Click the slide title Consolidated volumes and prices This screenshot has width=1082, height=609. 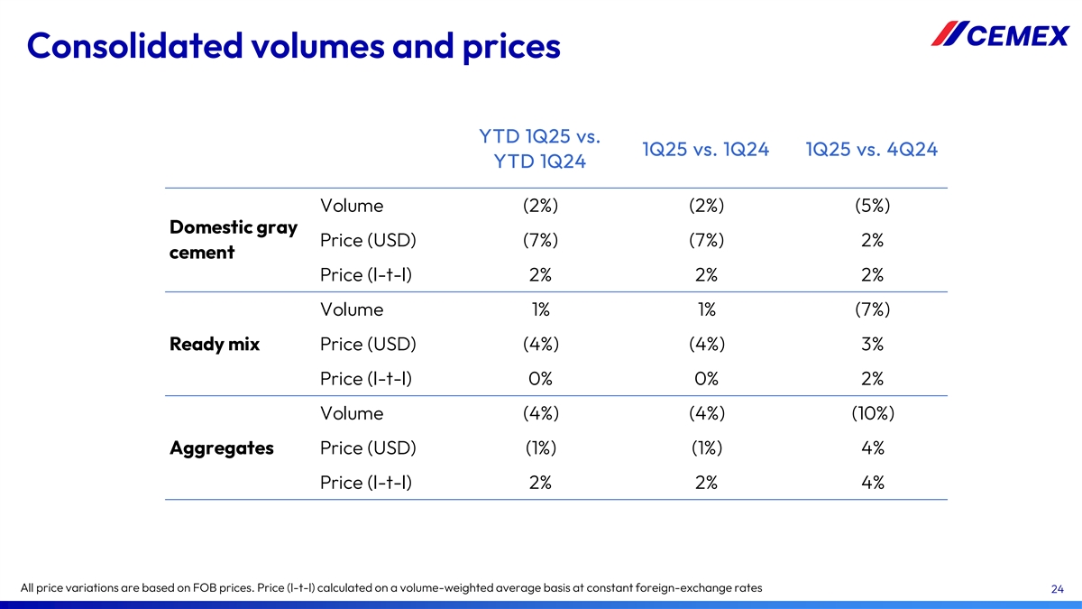click(x=294, y=45)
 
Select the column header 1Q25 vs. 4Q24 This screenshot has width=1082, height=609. click(x=871, y=150)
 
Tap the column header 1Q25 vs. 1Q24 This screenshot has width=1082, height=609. click(x=705, y=150)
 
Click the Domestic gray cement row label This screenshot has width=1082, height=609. click(x=233, y=240)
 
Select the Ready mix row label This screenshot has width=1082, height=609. click(x=215, y=344)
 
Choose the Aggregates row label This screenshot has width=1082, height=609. click(x=222, y=448)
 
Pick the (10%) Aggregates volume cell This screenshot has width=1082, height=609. click(x=871, y=413)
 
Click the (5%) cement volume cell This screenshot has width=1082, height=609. click(x=871, y=206)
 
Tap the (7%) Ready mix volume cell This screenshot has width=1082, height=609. click(x=871, y=309)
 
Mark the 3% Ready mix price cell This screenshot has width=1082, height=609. click(x=871, y=344)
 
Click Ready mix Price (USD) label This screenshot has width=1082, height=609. click(x=368, y=344)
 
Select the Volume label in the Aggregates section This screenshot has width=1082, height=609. click(x=352, y=413)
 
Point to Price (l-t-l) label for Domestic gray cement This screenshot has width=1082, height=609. click(x=366, y=274)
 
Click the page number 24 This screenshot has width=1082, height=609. click(x=1058, y=589)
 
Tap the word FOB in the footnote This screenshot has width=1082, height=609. click(x=202, y=588)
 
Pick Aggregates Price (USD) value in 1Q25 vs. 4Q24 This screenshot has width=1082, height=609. click(x=871, y=448)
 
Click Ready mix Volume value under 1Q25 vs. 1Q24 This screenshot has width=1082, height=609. click(x=706, y=309)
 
